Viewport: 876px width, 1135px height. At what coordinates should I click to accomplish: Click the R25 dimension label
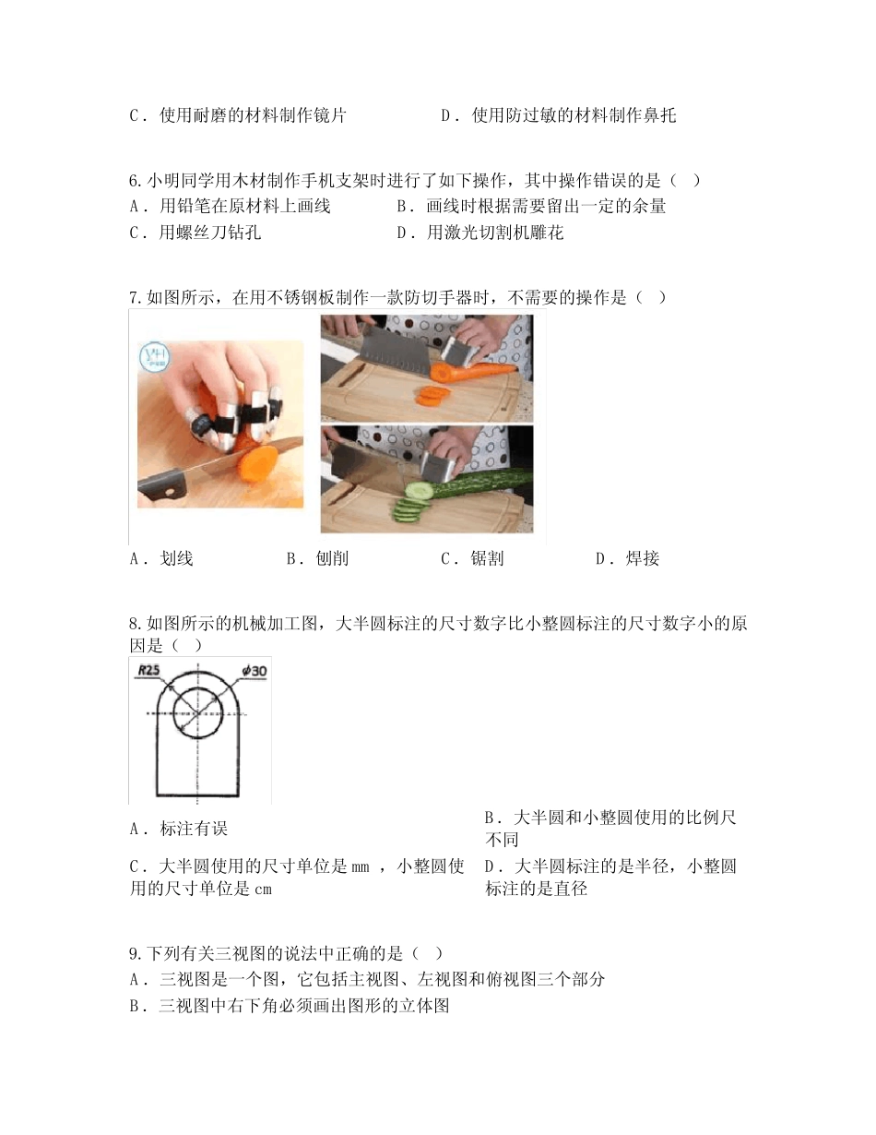coord(149,672)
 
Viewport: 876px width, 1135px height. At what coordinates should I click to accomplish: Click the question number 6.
coord(135,180)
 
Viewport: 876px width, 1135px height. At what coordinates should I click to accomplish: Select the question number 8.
coord(135,624)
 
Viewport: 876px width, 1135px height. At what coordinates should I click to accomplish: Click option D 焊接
coord(628,558)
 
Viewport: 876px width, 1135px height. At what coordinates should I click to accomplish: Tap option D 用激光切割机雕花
coord(479,233)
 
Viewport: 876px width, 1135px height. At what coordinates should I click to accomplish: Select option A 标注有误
coord(179,829)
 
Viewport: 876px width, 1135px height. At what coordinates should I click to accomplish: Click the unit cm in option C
coord(263,890)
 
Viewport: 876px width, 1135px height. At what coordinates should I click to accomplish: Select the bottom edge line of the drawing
coord(200,794)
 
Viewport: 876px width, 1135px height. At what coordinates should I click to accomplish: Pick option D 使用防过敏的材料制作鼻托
coord(559,115)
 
